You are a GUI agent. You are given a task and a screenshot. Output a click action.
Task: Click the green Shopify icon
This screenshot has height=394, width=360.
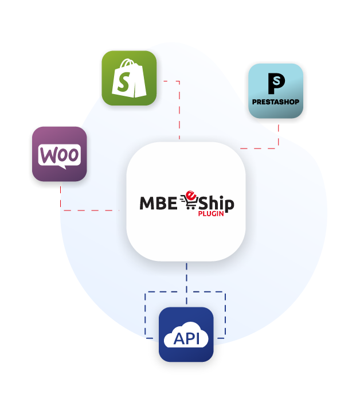[x=129, y=78]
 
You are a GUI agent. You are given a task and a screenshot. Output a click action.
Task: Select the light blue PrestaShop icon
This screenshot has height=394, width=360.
[x=275, y=91]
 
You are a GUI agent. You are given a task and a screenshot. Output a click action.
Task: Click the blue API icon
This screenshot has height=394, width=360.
[x=186, y=334]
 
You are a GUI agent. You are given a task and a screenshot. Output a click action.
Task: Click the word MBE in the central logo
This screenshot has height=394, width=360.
[x=159, y=203]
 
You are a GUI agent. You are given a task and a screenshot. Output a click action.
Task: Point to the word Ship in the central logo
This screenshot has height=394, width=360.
[x=216, y=203]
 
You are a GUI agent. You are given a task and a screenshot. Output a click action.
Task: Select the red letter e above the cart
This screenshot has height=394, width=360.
[x=193, y=193]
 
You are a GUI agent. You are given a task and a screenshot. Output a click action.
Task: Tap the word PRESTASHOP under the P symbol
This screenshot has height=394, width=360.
[x=275, y=103]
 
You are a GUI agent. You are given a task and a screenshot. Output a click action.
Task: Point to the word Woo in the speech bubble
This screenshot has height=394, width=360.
[x=59, y=154]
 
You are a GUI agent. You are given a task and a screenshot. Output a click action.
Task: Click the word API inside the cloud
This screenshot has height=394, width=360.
[x=186, y=338]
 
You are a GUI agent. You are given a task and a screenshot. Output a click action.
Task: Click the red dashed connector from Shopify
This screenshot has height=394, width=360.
[x=179, y=109]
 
